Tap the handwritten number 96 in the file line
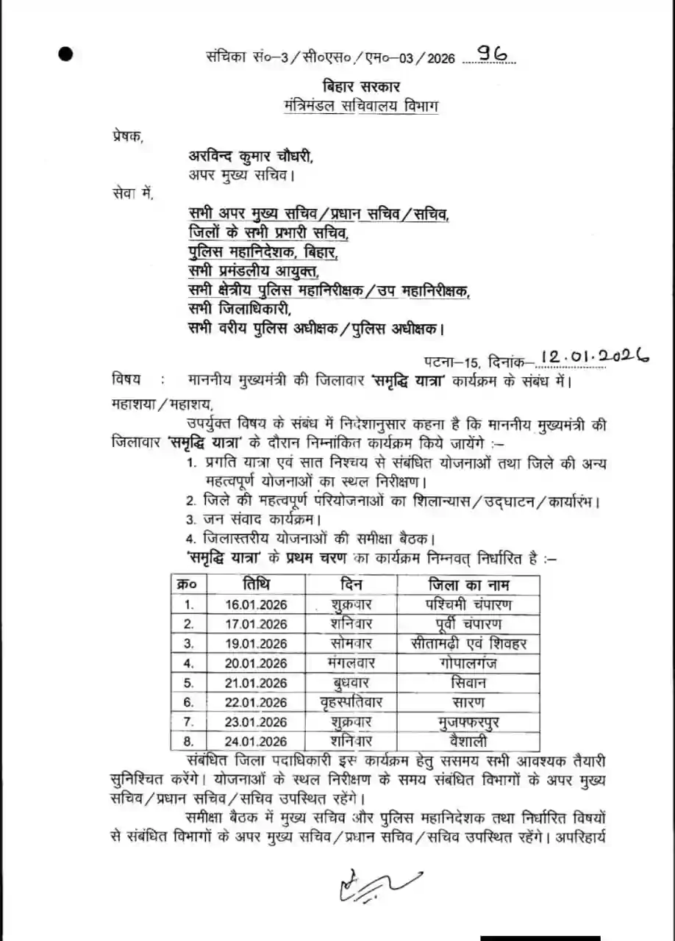(492, 54)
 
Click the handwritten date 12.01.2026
(594, 357)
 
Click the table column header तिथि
(257, 585)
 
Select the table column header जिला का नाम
(469, 585)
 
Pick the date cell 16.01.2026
(257, 605)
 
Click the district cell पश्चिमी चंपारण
(469, 605)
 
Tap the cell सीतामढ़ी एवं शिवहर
(469, 644)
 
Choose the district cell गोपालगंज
(469, 663)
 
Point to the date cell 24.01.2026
(257, 741)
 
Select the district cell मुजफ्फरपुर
(469, 722)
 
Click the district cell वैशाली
(469, 741)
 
